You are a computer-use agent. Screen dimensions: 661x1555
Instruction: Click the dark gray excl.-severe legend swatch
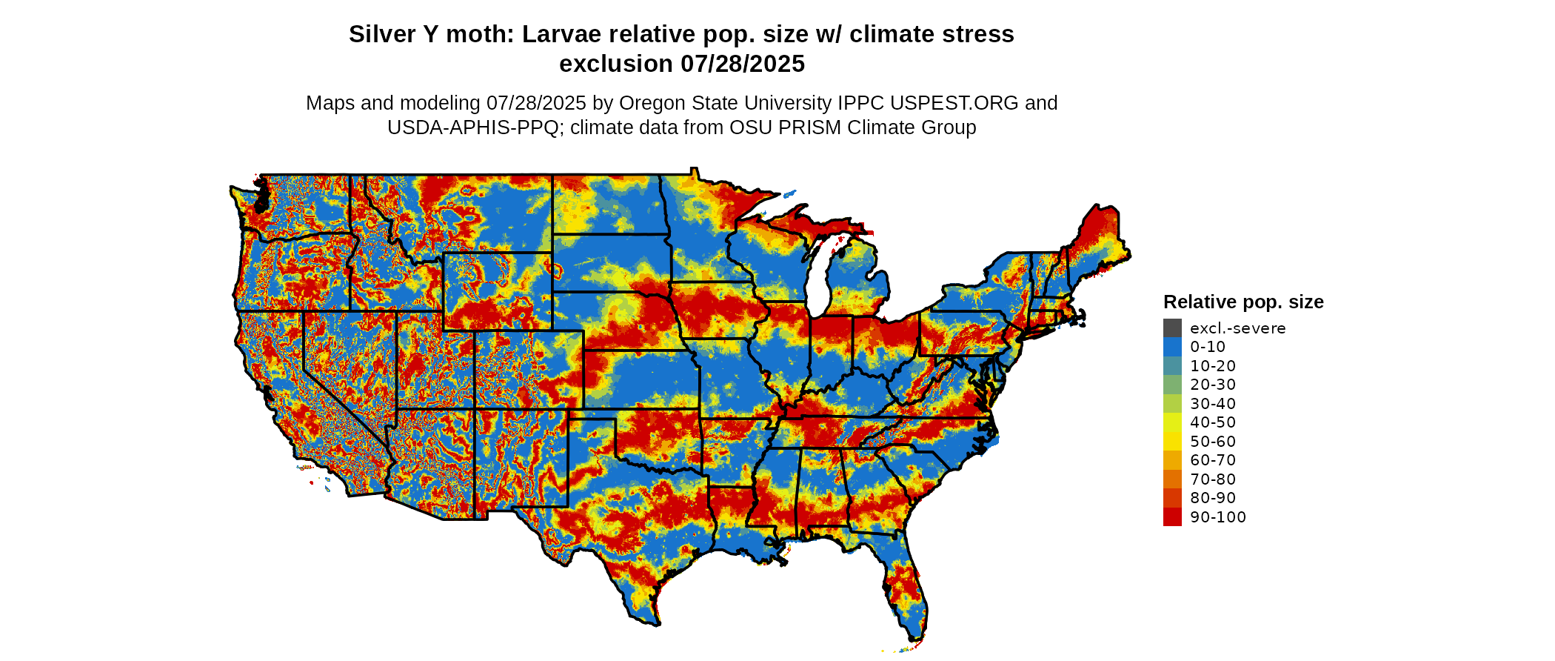click(x=1172, y=328)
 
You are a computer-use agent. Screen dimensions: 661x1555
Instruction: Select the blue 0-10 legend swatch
click(x=1172, y=347)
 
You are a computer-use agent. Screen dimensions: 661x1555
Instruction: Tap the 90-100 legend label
click(x=1217, y=517)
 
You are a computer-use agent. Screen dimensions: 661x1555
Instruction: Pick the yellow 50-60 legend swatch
click(x=1172, y=441)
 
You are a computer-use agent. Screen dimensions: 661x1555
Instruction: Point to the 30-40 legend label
click(x=1212, y=404)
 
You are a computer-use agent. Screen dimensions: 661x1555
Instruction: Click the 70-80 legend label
click(x=1212, y=479)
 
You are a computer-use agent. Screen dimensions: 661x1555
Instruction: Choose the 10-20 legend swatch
click(x=1172, y=365)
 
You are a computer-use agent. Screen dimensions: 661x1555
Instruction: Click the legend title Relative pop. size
click(x=1243, y=302)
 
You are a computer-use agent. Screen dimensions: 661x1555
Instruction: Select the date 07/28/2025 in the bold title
click(x=742, y=64)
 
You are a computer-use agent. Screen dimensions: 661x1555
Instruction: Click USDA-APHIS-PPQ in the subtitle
click(x=472, y=127)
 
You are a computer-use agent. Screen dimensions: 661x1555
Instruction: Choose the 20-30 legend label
click(x=1212, y=385)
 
